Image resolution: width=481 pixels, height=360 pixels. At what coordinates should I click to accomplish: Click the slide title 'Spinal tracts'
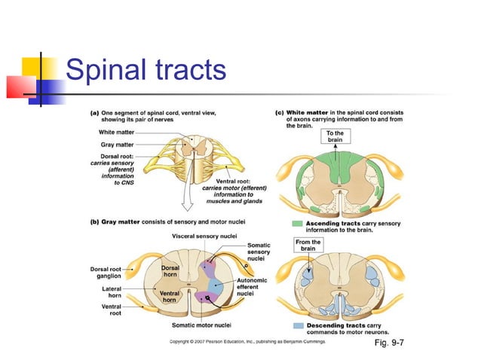point(146,71)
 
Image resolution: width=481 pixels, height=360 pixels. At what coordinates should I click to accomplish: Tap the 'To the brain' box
point(334,137)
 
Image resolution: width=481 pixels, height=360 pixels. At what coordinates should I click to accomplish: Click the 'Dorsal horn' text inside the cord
point(171,271)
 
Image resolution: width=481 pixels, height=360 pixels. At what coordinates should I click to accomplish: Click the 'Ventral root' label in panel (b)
point(112,309)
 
